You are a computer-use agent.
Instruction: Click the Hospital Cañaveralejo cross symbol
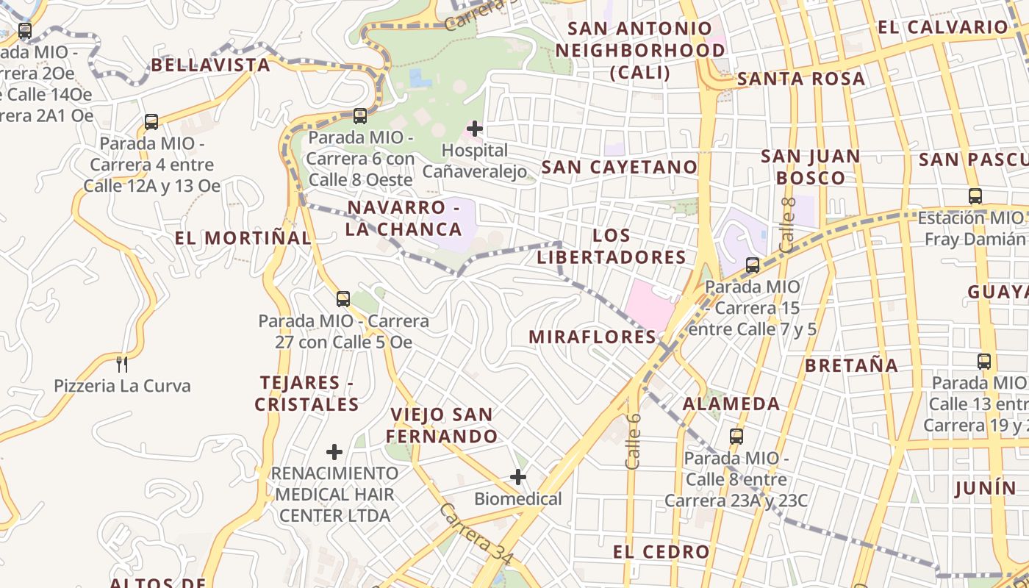pos(475,129)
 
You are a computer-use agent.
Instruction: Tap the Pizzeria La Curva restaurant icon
pos(122,363)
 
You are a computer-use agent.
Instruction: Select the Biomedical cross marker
pos(518,477)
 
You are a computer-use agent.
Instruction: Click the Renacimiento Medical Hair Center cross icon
pos(334,451)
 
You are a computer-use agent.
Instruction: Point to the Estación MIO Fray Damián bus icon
pos(975,196)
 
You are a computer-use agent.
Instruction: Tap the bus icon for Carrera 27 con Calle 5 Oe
pos(343,299)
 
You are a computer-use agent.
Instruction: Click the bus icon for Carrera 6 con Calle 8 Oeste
pos(360,115)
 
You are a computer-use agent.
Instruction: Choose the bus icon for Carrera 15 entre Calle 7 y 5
pos(753,265)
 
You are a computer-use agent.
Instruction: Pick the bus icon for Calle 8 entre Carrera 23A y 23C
pos(736,437)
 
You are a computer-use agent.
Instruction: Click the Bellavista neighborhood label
pos(211,65)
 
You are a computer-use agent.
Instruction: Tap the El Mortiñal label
pos(243,238)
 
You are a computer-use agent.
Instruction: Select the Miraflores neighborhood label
pos(592,337)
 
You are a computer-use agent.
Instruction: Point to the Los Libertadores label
pos(612,246)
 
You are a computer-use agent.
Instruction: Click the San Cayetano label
pos(619,168)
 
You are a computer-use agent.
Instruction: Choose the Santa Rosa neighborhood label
pos(801,79)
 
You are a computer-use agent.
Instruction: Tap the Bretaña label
pos(851,366)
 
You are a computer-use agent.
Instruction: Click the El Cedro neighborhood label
pos(661,552)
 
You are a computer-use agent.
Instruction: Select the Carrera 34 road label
pos(476,534)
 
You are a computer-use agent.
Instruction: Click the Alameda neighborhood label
pos(731,404)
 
